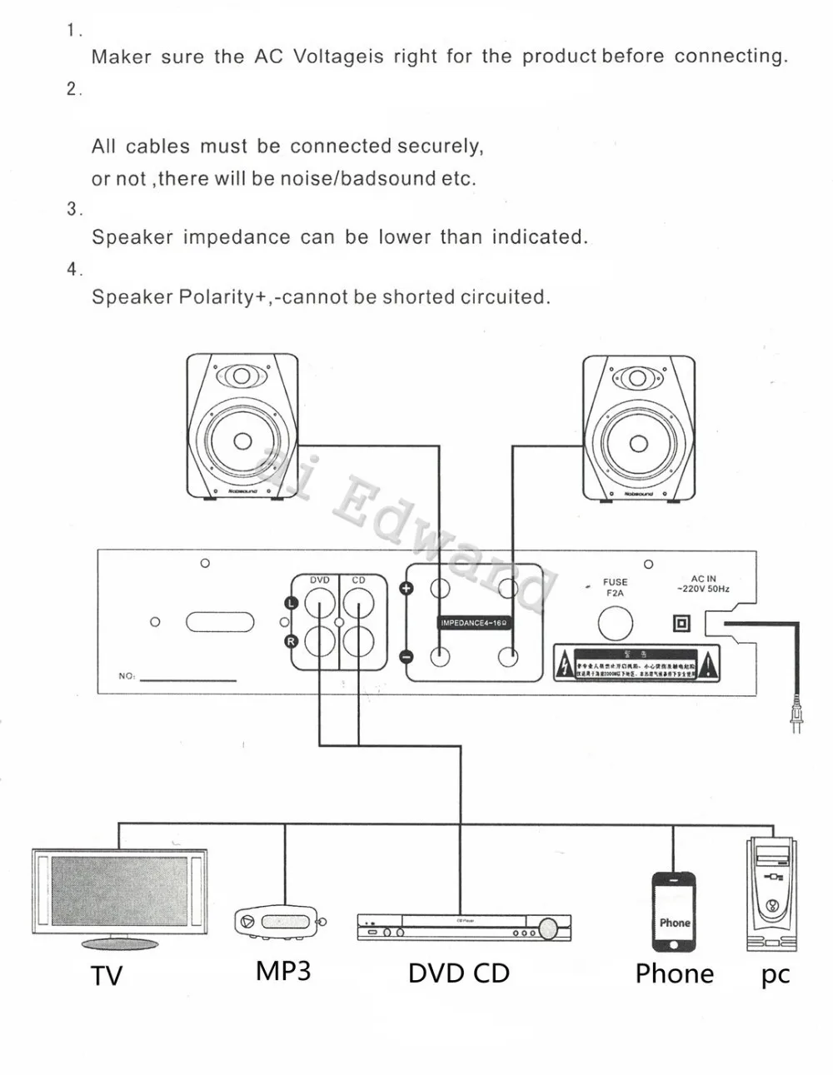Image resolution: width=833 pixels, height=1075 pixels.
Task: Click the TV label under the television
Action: [107, 976]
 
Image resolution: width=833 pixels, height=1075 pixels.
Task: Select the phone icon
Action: [674, 913]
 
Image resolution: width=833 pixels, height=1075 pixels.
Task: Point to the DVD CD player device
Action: [464, 927]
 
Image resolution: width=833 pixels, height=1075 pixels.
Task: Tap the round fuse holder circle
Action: [616, 624]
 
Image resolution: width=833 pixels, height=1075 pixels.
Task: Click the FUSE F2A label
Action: [616, 588]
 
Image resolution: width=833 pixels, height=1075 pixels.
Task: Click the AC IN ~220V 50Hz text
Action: [703, 584]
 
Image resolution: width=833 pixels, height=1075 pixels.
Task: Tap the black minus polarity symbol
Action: [407, 657]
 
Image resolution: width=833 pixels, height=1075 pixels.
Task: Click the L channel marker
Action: [291, 603]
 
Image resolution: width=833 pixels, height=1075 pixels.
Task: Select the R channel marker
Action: [291, 641]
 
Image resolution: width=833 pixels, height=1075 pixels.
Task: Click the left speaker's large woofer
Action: [242, 440]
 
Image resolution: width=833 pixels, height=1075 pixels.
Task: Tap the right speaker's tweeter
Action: [639, 377]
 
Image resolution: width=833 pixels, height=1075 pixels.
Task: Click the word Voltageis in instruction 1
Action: [338, 57]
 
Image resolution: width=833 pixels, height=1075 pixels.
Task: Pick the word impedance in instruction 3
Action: [237, 237]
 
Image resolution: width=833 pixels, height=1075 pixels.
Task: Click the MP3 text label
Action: [283, 971]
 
